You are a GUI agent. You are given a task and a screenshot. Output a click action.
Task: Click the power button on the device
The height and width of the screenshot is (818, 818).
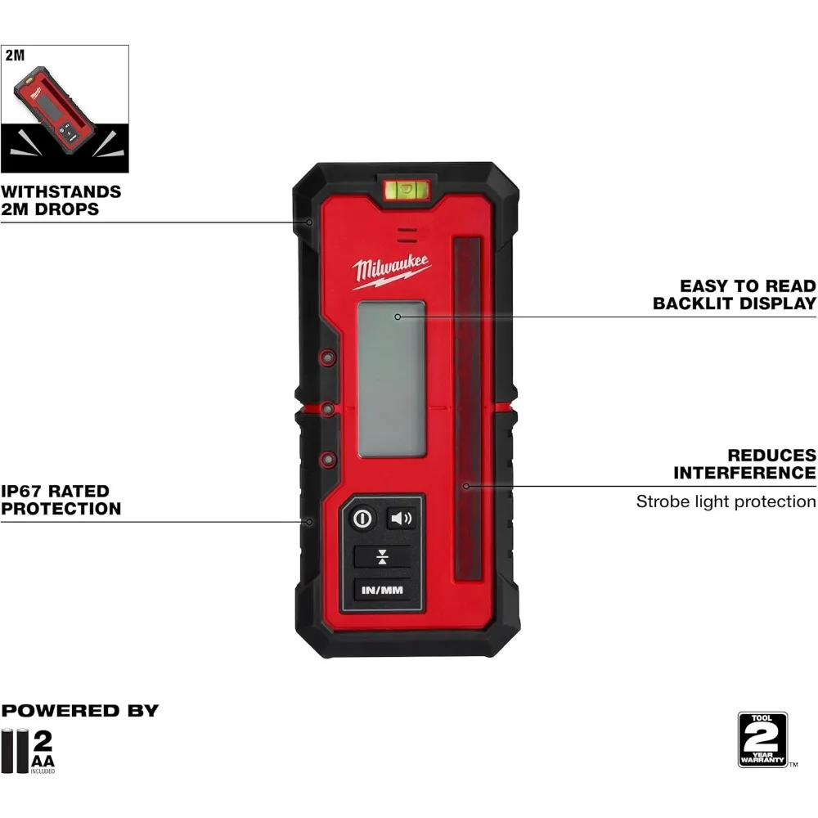coord(363,519)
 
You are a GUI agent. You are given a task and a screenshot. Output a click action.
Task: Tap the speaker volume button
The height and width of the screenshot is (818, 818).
coord(401,518)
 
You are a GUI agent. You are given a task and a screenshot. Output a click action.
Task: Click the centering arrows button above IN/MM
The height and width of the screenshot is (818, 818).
coord(381,558)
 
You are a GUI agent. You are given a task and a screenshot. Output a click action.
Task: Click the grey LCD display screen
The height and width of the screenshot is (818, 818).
coord(392,379)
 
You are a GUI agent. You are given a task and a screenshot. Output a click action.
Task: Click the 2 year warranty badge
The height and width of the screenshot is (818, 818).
coord(762,739)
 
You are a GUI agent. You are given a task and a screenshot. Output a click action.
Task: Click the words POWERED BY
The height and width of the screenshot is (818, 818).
coord(79,710)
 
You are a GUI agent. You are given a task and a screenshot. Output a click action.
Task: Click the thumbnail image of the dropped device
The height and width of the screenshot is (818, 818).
coord(65,109)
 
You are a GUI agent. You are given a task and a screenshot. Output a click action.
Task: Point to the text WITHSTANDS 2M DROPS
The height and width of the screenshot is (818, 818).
coord(61,200)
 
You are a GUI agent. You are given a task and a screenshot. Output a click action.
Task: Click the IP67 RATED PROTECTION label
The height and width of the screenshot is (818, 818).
coord(61,500)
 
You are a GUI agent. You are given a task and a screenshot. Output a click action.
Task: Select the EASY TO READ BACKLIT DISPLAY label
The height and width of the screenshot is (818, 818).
coord(734,294)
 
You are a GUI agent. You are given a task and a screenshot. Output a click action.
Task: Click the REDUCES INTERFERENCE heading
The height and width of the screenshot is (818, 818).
coord(744,464)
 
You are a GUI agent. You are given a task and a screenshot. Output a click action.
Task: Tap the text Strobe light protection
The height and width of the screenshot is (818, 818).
coord(726,501)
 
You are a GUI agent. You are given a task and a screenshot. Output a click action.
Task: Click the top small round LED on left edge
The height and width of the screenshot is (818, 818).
coord(327,357)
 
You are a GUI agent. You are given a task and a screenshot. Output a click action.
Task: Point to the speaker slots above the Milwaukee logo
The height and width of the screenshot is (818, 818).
coord(403,235)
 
